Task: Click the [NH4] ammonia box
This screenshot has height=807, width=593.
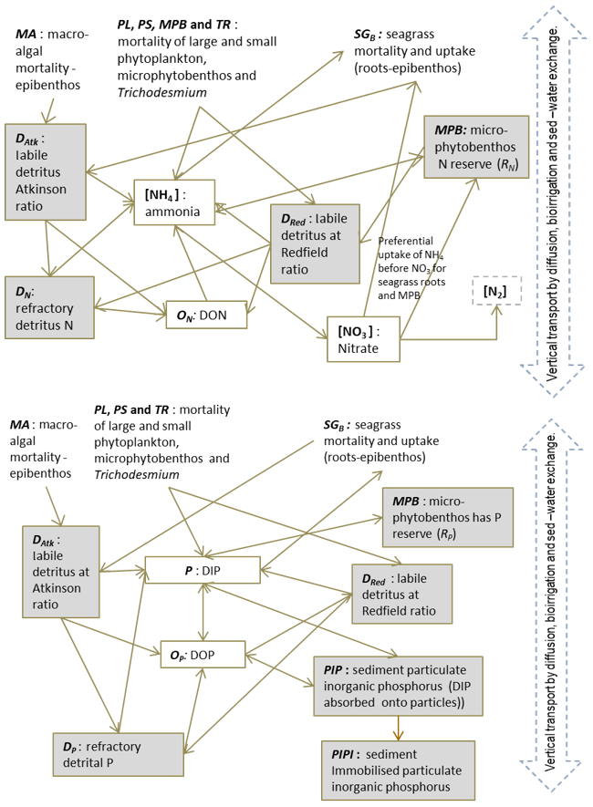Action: click(173, 202)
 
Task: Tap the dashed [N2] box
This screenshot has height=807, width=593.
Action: click(494, 290)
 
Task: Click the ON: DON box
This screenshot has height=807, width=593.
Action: click(207, 315)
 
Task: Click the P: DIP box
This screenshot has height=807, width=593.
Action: click(203, 571)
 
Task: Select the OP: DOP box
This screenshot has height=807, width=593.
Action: click(203, 654)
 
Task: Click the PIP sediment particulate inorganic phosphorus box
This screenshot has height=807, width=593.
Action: click(398, 685)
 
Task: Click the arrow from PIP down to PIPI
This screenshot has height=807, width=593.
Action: click(397, 728)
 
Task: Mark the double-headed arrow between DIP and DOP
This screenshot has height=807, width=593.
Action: click(203, 612)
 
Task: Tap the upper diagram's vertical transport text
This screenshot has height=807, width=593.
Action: click(555, 191)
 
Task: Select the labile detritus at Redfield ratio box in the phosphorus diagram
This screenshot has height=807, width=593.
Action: click(401, 594)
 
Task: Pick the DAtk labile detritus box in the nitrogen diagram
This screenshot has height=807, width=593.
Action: click(45, 171)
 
